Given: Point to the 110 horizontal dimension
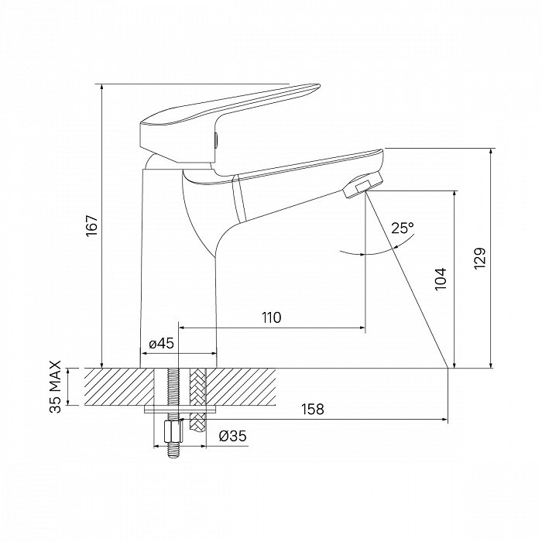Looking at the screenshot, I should click(x=271, y=317).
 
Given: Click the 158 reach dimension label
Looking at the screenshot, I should click(x=313, y=409).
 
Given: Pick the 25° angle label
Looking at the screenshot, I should click(x=403, y=228).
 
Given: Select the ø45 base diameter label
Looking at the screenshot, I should click(x=160, y=342).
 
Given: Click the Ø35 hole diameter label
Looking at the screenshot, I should click(x=233, y=436).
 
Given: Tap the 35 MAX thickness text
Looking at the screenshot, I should click(x=56, y=387).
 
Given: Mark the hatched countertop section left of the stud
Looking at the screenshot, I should click(x=116, y=386).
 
